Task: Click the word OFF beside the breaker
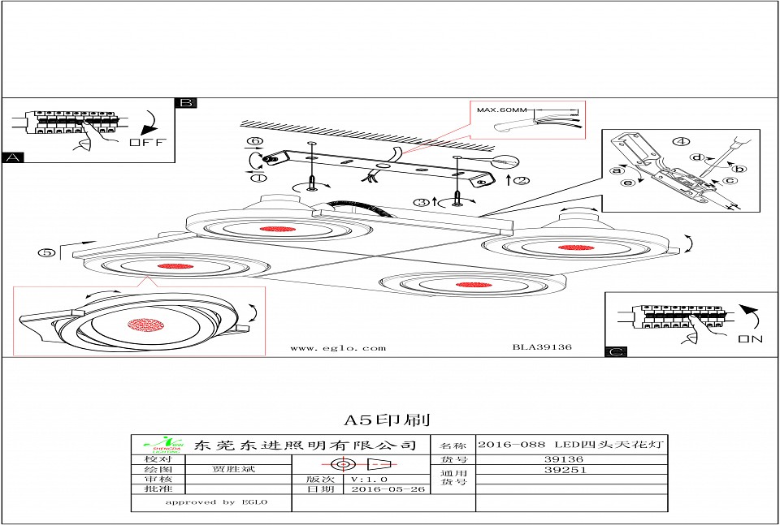pos(147,143)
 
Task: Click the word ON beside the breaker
pos(750,338)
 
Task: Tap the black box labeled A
pos(13,157)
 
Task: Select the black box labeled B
pos(186,103)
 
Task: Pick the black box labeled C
pos(617,352)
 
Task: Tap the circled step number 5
pos(48,252)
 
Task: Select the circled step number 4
pos(679,142)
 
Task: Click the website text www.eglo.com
pos(338,348)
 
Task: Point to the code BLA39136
pos(542,347)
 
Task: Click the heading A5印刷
pos(387,420)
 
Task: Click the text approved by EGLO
pos(216,502)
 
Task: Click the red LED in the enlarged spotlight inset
pos(146,325)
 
